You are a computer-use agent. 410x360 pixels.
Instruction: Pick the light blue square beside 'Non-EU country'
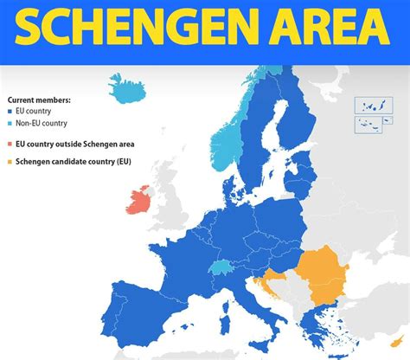pos(10,123)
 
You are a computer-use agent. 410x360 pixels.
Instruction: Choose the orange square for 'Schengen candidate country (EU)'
pos(10,161)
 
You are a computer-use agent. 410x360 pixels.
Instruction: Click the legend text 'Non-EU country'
pos(42,123)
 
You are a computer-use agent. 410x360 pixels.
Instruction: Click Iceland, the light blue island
pos(129,88)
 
